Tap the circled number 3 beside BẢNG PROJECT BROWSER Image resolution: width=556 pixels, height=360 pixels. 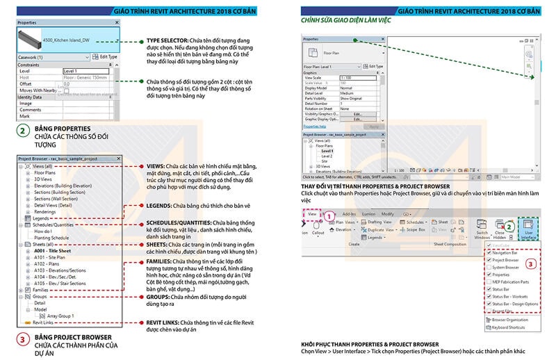pyautogui.click(x=23, y=339)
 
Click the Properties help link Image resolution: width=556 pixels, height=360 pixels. pyautogui.click(x=315, y=126)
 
